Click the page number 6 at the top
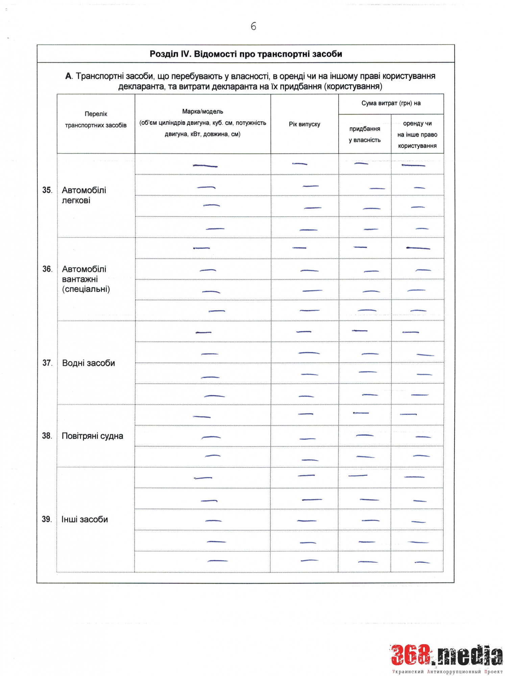click(x=253, y=26)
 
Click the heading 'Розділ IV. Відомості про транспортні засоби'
click(x=246, y=54)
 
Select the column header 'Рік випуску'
click(x=304, y=124)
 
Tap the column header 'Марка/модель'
click(x=202, y=112)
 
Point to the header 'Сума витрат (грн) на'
click(x=391, y=103)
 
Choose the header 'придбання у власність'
click(x=364, y=134)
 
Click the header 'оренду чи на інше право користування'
click(x=417, y=135)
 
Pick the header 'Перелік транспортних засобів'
click(x=96, y=120)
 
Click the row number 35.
click(x=47, y=190)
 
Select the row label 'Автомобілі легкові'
click(x=84, y=195)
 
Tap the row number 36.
click(x=47, y=269)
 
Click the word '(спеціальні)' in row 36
click(x=86, y=289)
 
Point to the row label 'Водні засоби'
click(x=89, y=363)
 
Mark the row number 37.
click(x=47, y=363)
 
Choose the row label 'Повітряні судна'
click(x=92, y=436)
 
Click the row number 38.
click(x=47, y=436)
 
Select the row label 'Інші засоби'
click(x=85, y=520)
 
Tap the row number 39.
click(x=46, y=520)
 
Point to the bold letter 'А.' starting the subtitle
click(x=69, y=76)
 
